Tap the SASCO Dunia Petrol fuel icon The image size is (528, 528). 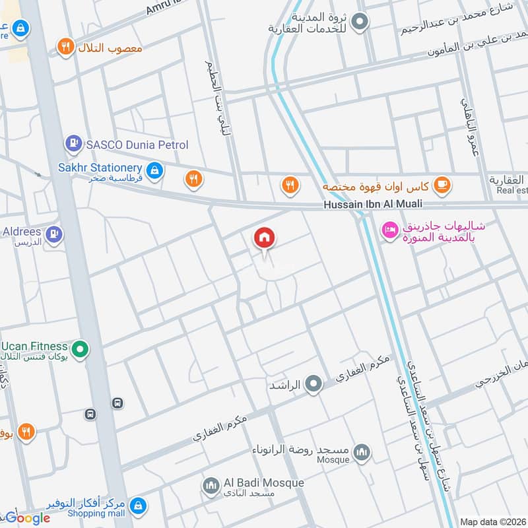pos(73,143)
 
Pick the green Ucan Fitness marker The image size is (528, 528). pos(80,348)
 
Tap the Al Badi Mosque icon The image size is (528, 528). pos(211,485)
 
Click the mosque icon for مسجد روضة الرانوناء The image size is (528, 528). pos(361,452)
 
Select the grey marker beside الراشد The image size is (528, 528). pos(313,383)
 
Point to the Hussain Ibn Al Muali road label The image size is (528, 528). pos(372,205)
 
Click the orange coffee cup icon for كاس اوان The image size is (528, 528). pos(442,185)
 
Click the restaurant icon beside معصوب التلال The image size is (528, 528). pos(65,46)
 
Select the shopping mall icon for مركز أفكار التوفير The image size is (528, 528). pos(137,506)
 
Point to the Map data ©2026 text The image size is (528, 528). pos(492,521)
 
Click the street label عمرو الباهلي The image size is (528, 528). pos(470,129)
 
